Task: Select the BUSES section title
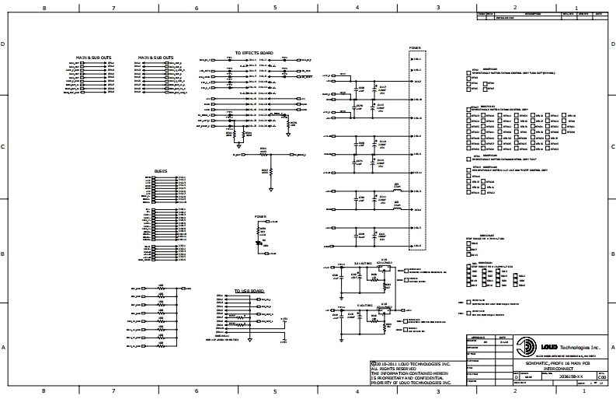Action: [161, 170]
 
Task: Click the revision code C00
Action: [601, 376]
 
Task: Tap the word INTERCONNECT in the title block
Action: [558, 369]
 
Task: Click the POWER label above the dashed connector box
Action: [416, 47]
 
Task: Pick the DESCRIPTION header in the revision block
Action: [533, 13]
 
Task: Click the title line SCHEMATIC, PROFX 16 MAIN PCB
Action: [558, 363]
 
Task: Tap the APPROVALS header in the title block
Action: [477, 337]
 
